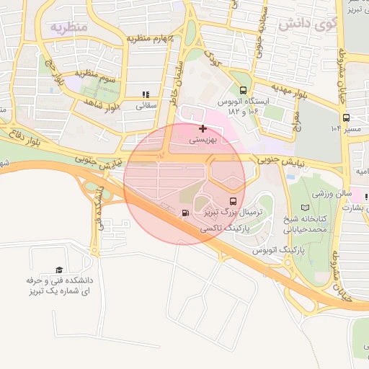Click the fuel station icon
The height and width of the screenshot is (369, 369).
coord(187,213)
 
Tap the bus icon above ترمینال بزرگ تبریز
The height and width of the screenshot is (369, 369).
coord(232,201)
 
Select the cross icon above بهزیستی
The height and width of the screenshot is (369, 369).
coord(202,128)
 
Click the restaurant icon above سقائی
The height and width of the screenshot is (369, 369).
coord(146,94)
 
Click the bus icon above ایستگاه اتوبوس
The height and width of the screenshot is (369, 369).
coord(243,91)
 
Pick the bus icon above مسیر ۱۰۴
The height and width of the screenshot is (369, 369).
coord(346,117)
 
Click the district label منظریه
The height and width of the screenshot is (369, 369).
coord(69,27)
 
